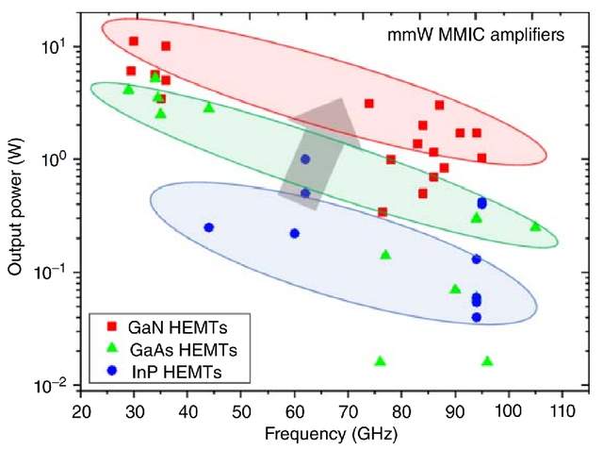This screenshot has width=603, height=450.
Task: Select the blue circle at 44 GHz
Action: pos(209,227)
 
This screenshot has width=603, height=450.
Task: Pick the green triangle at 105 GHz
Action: pos(535,226)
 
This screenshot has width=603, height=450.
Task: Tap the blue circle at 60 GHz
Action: pos(294,233)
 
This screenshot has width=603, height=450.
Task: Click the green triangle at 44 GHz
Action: pos(209,108)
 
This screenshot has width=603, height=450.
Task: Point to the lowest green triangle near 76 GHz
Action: pos(381,361)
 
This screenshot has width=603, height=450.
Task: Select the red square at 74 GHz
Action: pos(369,103)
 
